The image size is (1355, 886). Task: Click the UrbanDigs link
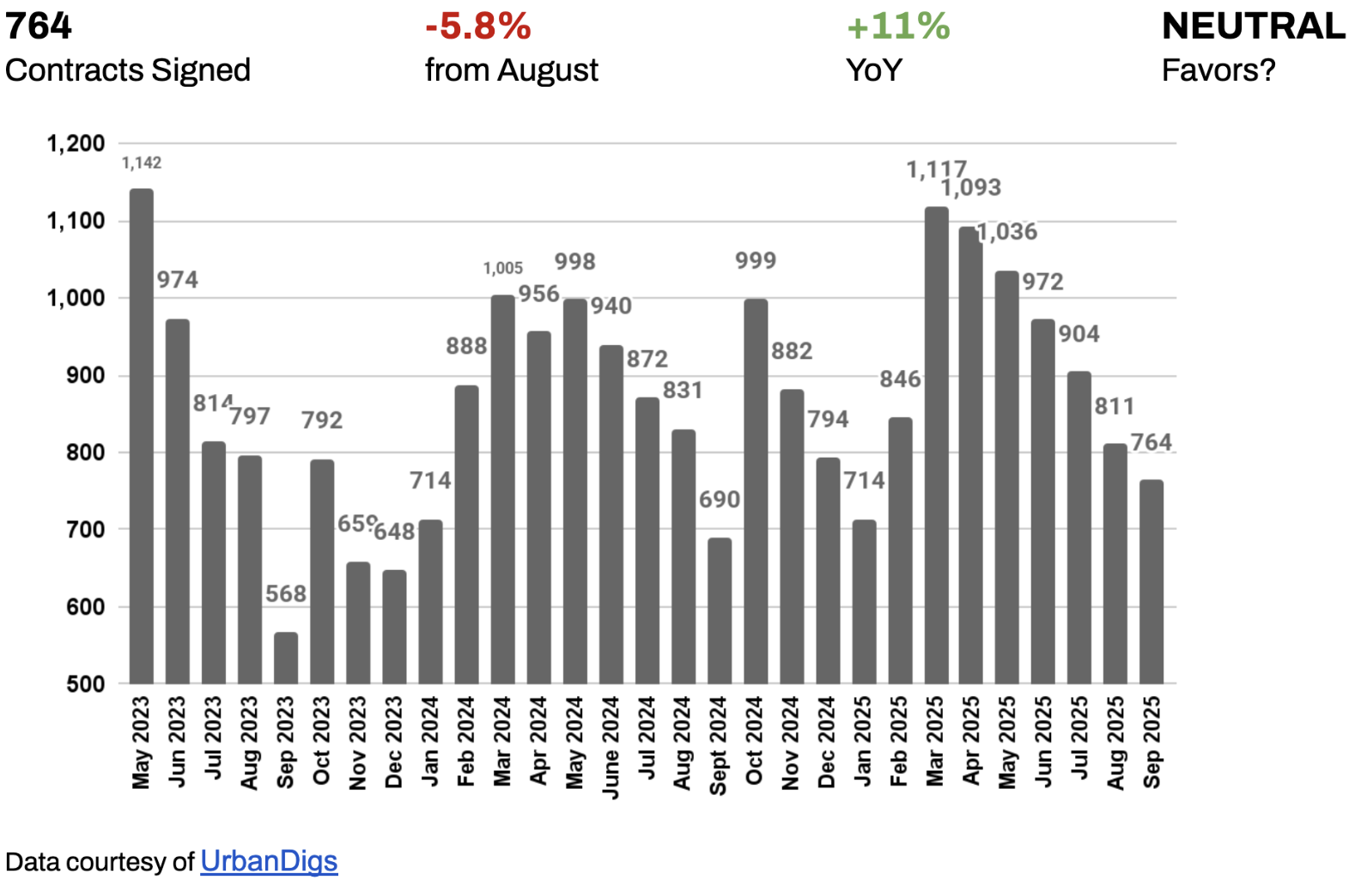(x=269, y=861)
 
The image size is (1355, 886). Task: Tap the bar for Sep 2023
(x=286, y=658)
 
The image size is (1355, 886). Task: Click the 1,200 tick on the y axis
(x=76, y=143)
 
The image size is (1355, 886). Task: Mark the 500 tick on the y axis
(x=85, y=684)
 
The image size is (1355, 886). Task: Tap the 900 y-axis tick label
(x=85, y=375)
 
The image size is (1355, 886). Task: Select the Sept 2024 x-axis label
(x=719, y=745)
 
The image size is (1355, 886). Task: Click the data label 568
(x=285, y=593)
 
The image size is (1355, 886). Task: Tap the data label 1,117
(x=936, y=169)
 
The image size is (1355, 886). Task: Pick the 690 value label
(x=719, y=499)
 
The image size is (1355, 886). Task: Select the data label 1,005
(x=502, y=268)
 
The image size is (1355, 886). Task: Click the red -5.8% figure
(x=477, y=26)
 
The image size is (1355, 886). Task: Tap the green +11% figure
(x=897, y=26)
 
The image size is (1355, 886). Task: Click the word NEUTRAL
(x=1253, y=26)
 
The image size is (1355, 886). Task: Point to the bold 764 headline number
(x=38, y=26)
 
